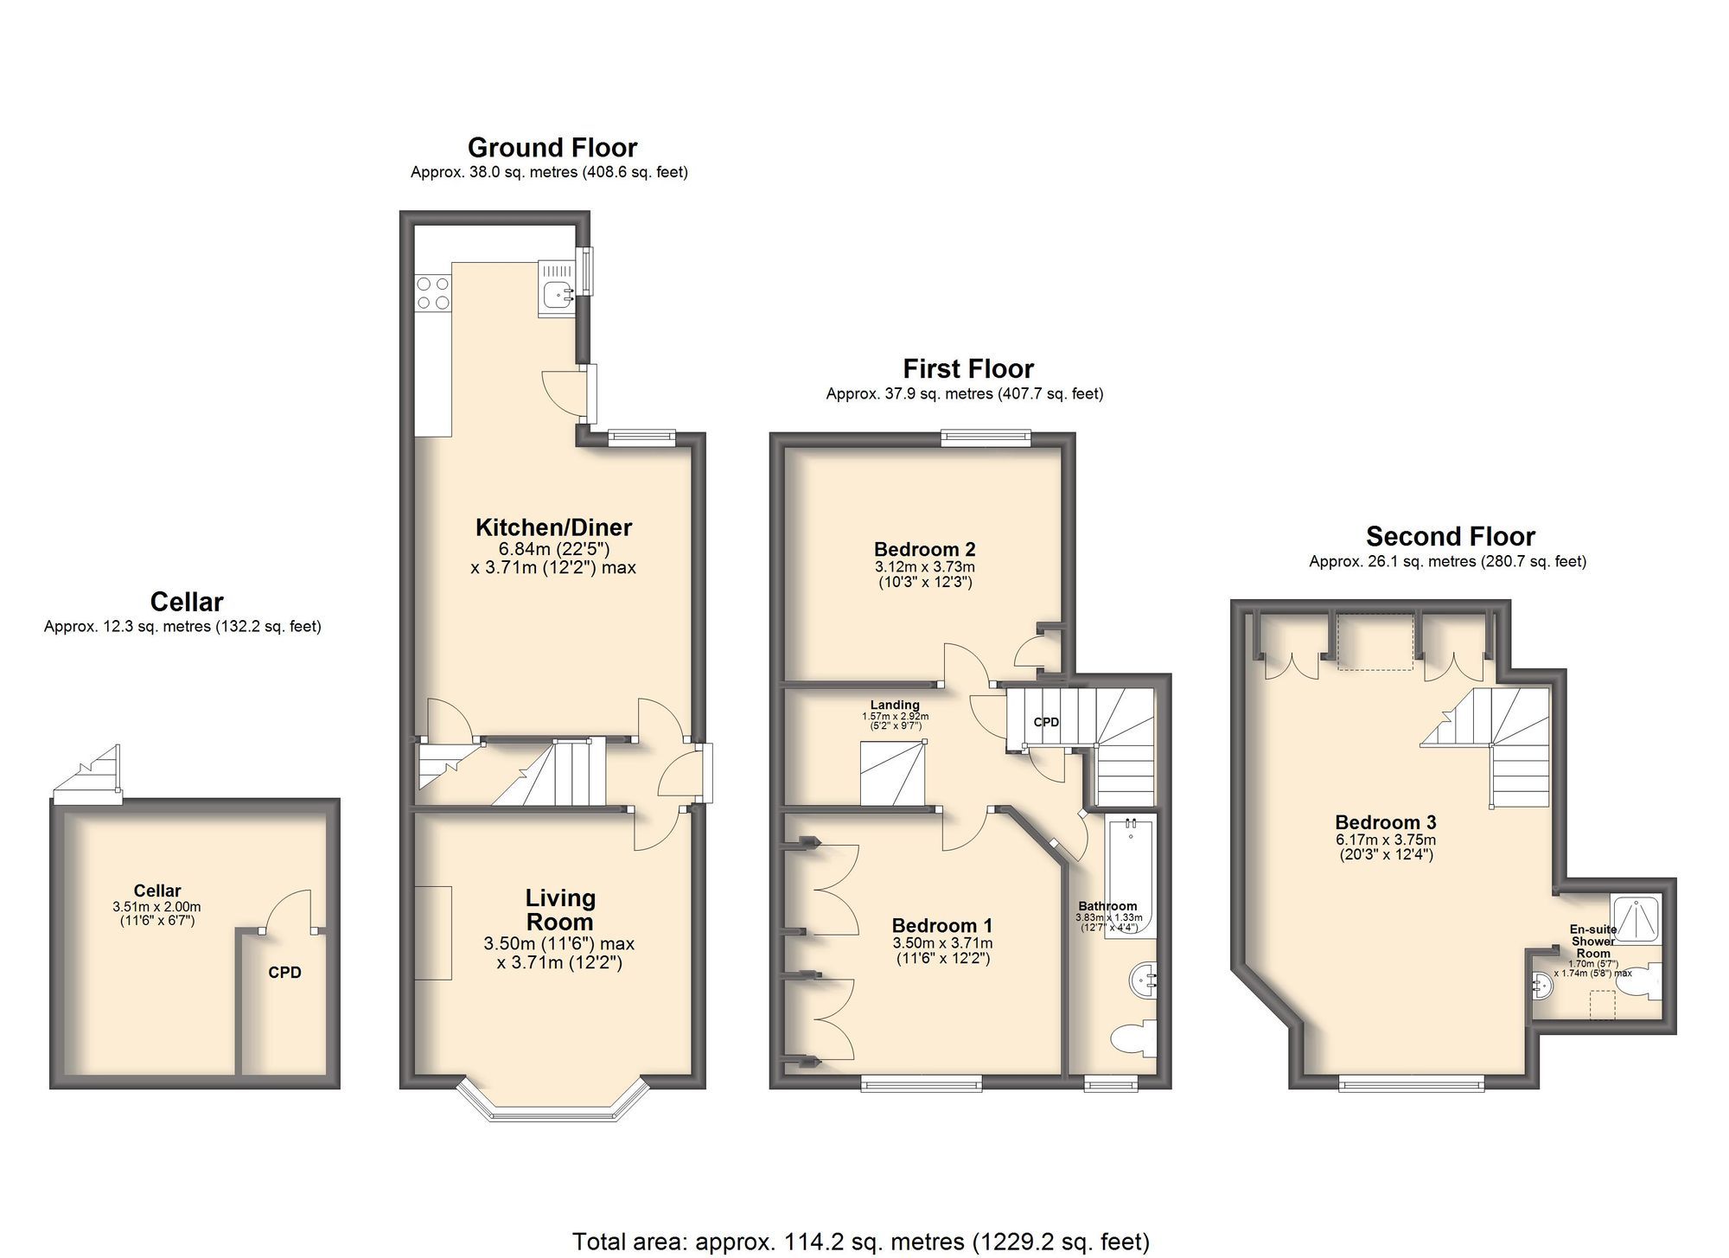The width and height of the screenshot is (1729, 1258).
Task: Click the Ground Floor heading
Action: pyautogui.click(x=552, y=148)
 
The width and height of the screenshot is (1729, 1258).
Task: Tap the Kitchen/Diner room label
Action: pyautogui.click(x=553, y=527)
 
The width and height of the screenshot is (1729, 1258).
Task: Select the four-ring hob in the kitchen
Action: pyautogui.click(x=432, y=292)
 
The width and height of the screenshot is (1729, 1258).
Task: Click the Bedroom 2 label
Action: pyautogui.click(x=924, y=549)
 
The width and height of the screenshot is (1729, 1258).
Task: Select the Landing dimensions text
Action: pyautogui.click(x=895, y=721)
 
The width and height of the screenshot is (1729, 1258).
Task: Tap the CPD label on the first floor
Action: pyautogui.click(x=1046, y=722)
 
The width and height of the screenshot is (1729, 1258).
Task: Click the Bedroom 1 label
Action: pyautogui.click(x=942, y=925)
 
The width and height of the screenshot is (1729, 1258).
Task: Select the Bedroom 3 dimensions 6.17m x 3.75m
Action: pyautogui.click(x=1386, y=840)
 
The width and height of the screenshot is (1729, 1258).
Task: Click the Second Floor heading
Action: pyautogui.click(x=1450, y=537)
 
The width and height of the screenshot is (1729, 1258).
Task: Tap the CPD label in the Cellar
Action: pyautogui.click(x=284, y=973)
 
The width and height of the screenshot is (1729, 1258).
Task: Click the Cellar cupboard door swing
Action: pyautogui.click(x=290, y=912)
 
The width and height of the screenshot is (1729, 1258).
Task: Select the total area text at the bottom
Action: pyautogui.click(x=860, y=1242)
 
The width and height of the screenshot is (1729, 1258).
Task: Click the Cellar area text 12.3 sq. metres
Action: pyautogui.click(x=182, y=627)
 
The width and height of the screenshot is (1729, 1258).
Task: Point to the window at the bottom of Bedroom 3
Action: pyautogui.click(x=1411, y=1082)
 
